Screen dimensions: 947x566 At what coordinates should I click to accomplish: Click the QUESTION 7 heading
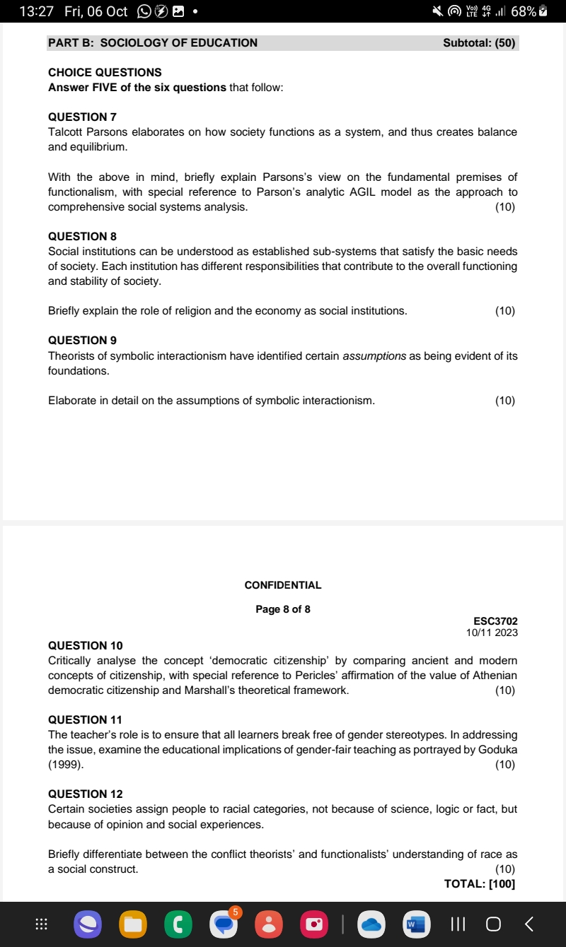coord(82,117)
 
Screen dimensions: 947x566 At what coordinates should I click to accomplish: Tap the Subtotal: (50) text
coord(479,42)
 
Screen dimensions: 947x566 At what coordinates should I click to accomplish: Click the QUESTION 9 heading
coord(82,340)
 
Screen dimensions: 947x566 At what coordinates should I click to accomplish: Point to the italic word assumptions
coord(374,355)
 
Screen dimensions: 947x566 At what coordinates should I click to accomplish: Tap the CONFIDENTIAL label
coord(283,585)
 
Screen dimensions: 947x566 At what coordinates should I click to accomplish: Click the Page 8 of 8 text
coord(283,609)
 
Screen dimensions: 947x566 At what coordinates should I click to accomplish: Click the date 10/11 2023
coord(492,633)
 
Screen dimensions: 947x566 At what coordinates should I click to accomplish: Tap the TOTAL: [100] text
coord(479,884)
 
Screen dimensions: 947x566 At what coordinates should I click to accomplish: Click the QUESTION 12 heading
coord(85,794)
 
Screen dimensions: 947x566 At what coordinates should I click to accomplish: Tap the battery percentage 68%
coord(523,11)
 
